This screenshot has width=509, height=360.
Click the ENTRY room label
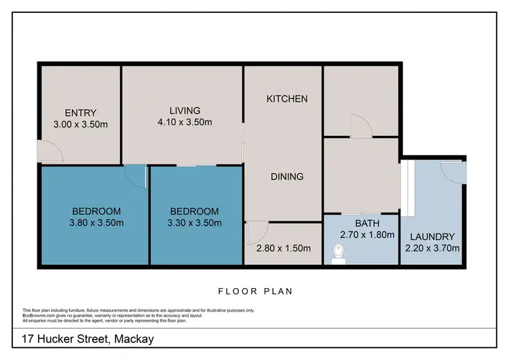(x=81, y=113)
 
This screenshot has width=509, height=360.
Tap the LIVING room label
(x=185, y=111)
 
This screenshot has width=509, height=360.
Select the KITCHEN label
(x=286, y=98)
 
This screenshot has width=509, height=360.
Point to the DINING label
(x=286, y=177)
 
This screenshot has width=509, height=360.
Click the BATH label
(x=367, y=223)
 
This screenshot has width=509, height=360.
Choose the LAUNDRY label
(x=432, y=236)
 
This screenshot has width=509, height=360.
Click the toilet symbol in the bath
(x=339, y=253)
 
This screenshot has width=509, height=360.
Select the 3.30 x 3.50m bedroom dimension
(x=194, y=222)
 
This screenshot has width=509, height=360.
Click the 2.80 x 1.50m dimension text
(x=284, y=248)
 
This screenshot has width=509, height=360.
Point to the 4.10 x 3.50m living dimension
(x=185, y=123)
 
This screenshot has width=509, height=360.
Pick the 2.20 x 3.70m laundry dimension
(x=432, y=248)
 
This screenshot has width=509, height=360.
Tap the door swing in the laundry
(x=453, y=171)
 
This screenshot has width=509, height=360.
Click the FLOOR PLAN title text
(x=254, y=291)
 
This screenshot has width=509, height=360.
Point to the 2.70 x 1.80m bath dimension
(x=367, y=235)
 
